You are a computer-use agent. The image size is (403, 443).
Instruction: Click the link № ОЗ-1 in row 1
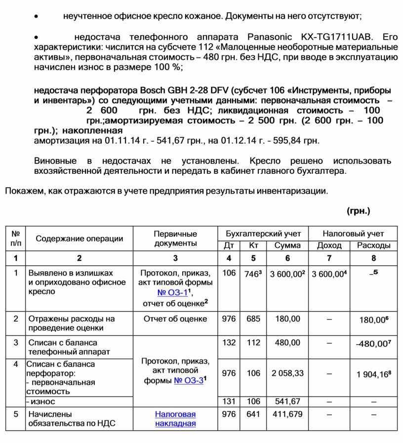164,292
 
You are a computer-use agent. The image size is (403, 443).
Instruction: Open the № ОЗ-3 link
188,381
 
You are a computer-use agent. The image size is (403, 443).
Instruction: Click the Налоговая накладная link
175,419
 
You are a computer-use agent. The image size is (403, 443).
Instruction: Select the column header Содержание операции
79,239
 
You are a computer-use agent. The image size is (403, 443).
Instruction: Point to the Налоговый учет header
353,234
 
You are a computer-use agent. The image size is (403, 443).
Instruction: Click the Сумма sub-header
287,245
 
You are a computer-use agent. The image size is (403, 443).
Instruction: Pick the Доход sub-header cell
329,245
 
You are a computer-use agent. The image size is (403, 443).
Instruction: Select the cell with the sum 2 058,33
287,373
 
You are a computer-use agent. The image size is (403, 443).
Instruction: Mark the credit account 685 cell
253,319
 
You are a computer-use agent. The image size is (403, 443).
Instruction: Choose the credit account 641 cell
253,414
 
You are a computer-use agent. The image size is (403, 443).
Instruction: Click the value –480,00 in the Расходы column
373,343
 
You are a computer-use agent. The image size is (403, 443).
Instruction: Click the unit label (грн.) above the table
359,211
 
